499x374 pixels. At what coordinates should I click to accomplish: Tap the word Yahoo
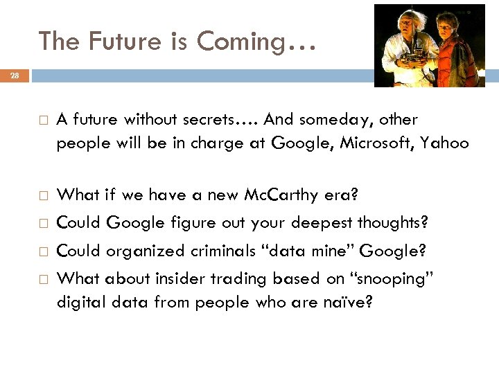(444, 143)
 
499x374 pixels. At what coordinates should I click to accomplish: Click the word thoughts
(394, 223)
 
